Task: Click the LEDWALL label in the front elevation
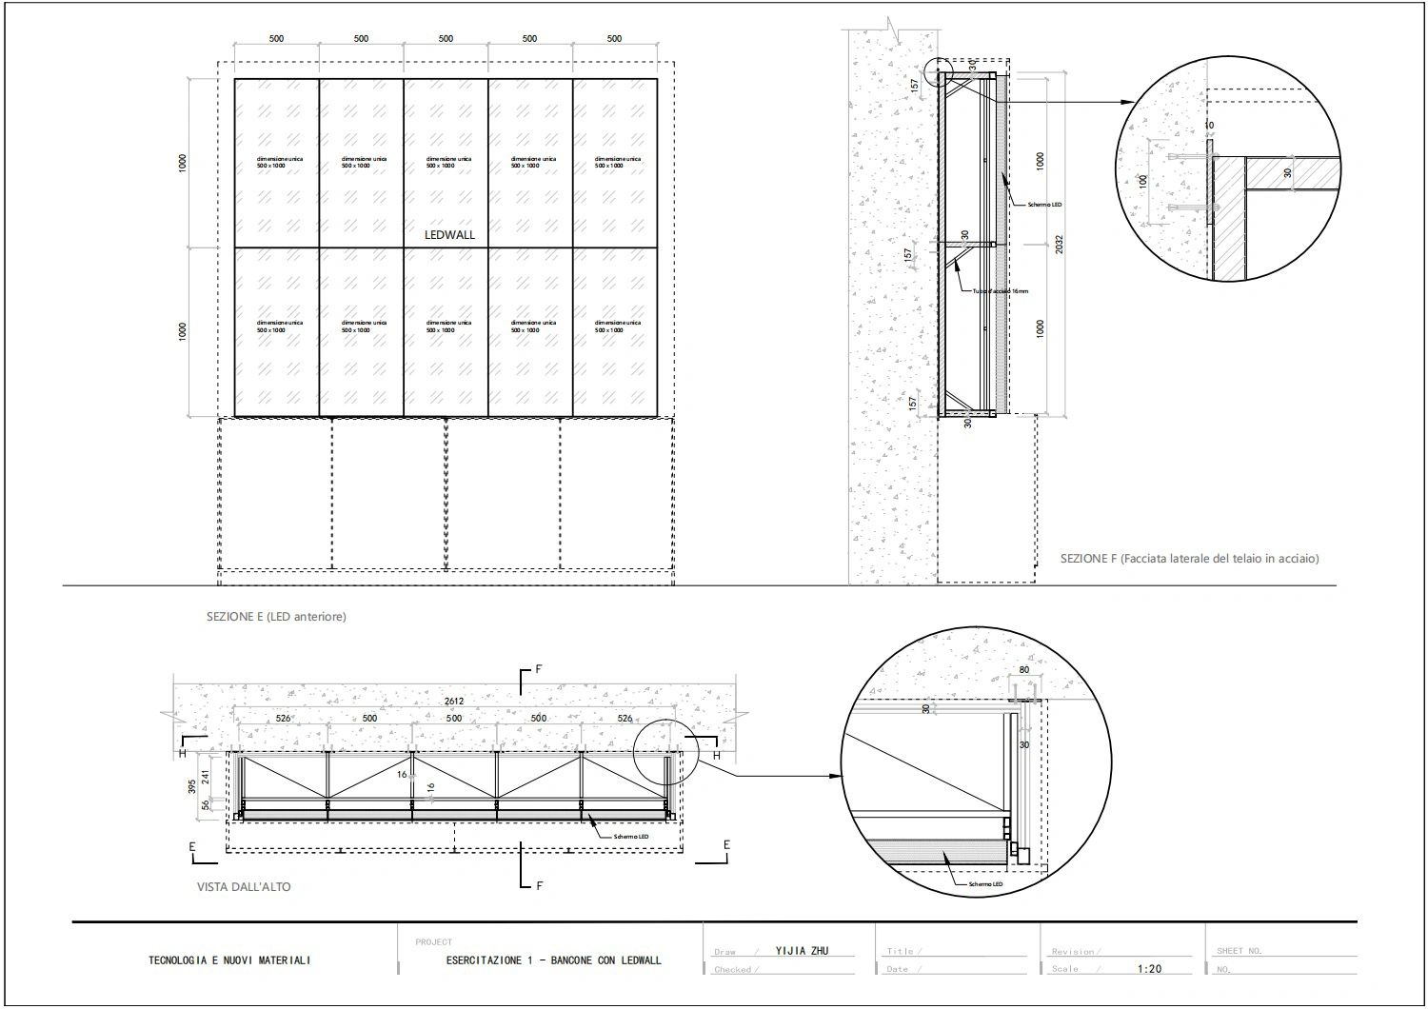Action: point(449,234)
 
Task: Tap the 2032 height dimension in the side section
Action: point(1060,244)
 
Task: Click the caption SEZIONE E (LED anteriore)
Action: point(276,617)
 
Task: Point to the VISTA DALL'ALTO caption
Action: point(244,886)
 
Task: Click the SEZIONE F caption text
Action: point(1189,559)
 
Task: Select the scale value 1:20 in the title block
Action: point(1149,969)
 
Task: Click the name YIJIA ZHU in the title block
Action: point(802,951)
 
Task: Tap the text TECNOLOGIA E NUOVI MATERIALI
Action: point(229,960)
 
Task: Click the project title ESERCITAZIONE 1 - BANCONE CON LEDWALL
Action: point(553,960)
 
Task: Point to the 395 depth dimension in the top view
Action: point(192,786)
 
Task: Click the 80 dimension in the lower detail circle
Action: point(1024,670)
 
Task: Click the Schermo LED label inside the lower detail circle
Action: point(985,884)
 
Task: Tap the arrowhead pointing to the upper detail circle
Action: point(1129,102)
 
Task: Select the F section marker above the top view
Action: point(539,670)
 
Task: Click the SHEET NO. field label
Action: point(1240,951)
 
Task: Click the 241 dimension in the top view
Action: point(207,777)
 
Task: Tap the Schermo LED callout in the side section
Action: point(1044,204)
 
